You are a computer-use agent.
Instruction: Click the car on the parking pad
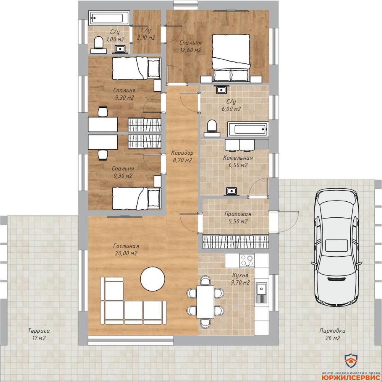(x=337, y=247)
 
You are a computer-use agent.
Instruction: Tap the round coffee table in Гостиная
(x=153, y=279)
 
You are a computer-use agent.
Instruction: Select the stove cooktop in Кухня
(x=247, y=260)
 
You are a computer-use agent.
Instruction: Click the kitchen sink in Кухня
(x=261, y=292)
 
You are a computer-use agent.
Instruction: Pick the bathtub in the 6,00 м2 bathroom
(x=248, y=129)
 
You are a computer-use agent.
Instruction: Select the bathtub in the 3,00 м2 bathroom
(x=109, y=18)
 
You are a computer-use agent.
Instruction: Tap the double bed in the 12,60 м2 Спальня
(x=231, y=58)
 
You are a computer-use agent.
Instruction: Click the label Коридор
(x=182, y=153)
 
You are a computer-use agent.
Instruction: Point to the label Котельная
(x=238, y=158)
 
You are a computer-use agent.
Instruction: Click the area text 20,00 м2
(x=126, y=253)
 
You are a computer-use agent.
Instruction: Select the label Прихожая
(x=238, y=214)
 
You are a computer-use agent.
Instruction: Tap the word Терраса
(x=39, y=331)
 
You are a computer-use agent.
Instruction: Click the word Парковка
(x=332, y=331)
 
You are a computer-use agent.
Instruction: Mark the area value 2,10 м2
(x=146, y=38)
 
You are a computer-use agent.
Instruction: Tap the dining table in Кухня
(x=206, y=302)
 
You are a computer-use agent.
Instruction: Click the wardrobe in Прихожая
(x=236, y=242)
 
